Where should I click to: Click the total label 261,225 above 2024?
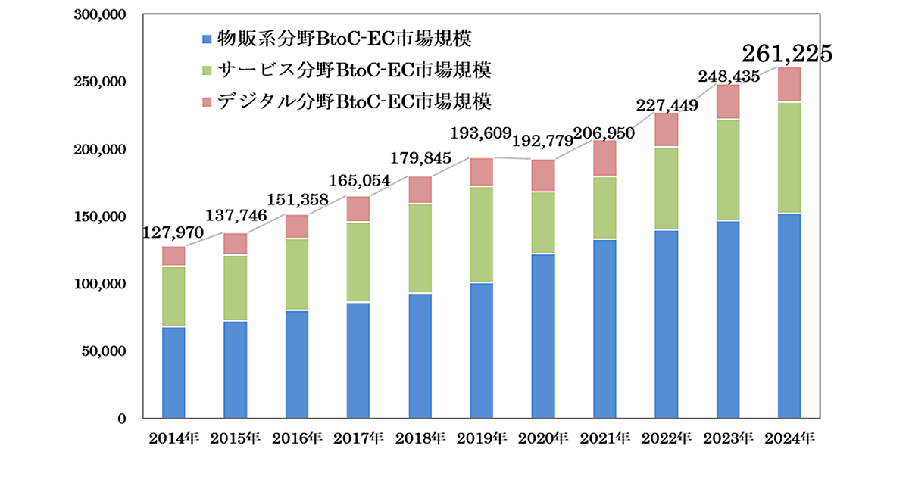coord(787,53)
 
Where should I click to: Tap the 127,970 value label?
coord(173,232)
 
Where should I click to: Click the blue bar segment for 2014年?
coord(173,373)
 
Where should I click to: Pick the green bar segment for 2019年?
coord(482,235)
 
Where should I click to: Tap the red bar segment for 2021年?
coord(604,158)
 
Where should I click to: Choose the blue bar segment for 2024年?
coord(790,316)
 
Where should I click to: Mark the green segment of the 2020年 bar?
coord(543,223)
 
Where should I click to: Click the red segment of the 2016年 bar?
coord(297,226)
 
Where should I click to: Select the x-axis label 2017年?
coord(359,438)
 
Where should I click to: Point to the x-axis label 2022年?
coord(667,438)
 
